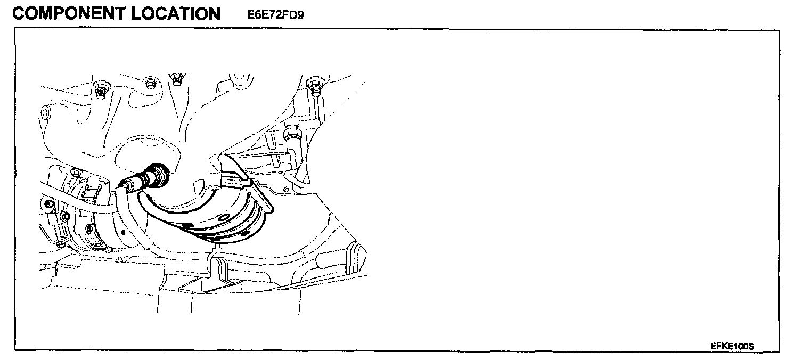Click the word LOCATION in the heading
(x=175, y=13)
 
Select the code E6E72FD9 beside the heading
(x=275, y=15)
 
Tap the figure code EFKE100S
(x=732, y=346)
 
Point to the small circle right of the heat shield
(x=286, y=189)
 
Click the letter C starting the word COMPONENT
(x=18, y=13)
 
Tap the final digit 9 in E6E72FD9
(x=300, y=15)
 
